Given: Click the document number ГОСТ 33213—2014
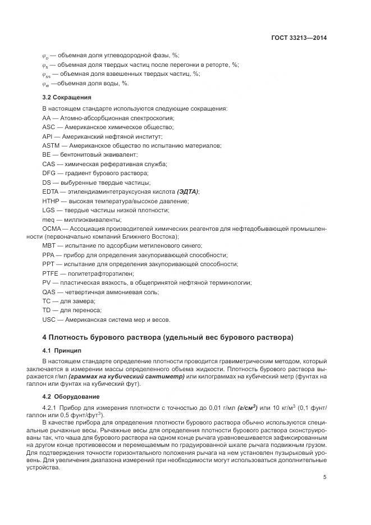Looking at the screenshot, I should [299, 38].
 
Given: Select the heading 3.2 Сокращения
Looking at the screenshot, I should [66, 97].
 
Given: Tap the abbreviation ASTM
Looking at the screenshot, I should [51, 145].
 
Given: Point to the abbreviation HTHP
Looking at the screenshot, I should [51, 200].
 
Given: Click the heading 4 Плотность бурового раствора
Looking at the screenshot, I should [167, 337].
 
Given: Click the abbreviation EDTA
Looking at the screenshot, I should [51, 191].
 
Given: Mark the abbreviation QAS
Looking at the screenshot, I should [50, 292].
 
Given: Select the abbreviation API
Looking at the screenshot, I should [48, 136].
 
